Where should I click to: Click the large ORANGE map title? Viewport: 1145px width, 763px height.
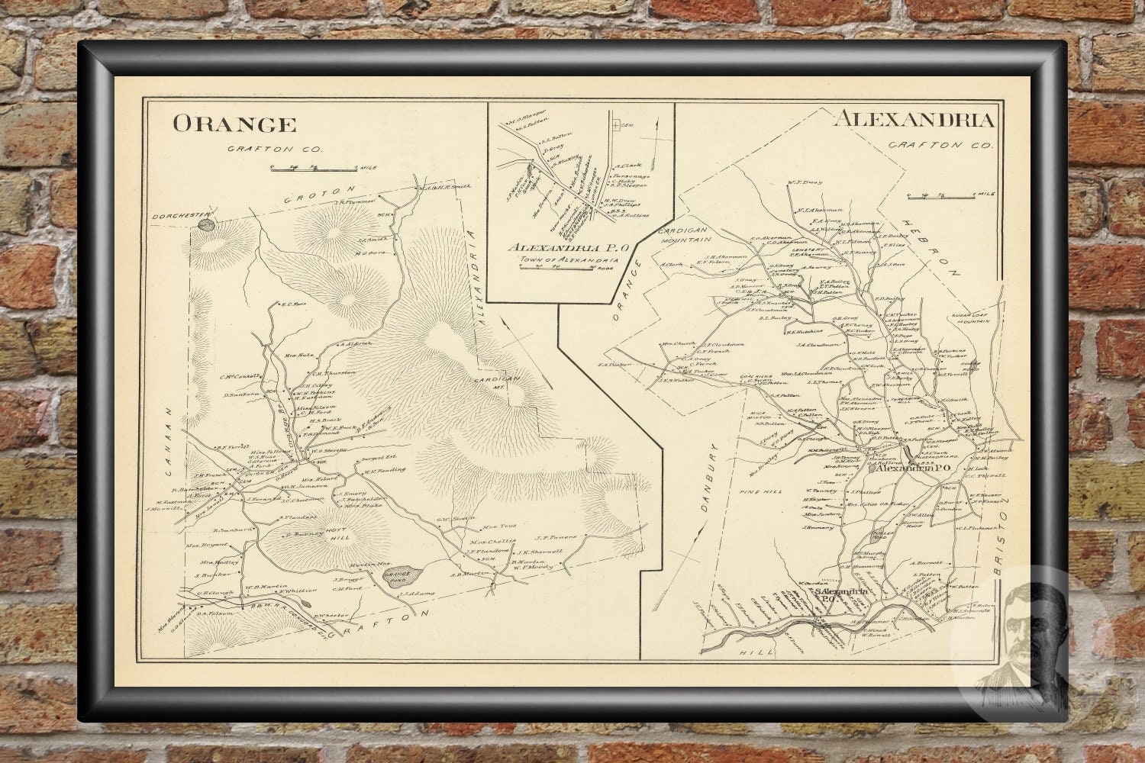coord(234,124)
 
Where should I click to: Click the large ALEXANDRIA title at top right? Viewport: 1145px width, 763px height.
coord(914,120)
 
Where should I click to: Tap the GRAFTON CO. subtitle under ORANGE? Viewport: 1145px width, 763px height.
coord(274,149)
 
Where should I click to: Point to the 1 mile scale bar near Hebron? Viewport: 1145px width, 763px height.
coord(941,196)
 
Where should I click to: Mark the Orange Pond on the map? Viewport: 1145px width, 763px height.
coord(398,573)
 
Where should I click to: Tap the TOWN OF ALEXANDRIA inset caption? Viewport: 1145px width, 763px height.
coord(569,260)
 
